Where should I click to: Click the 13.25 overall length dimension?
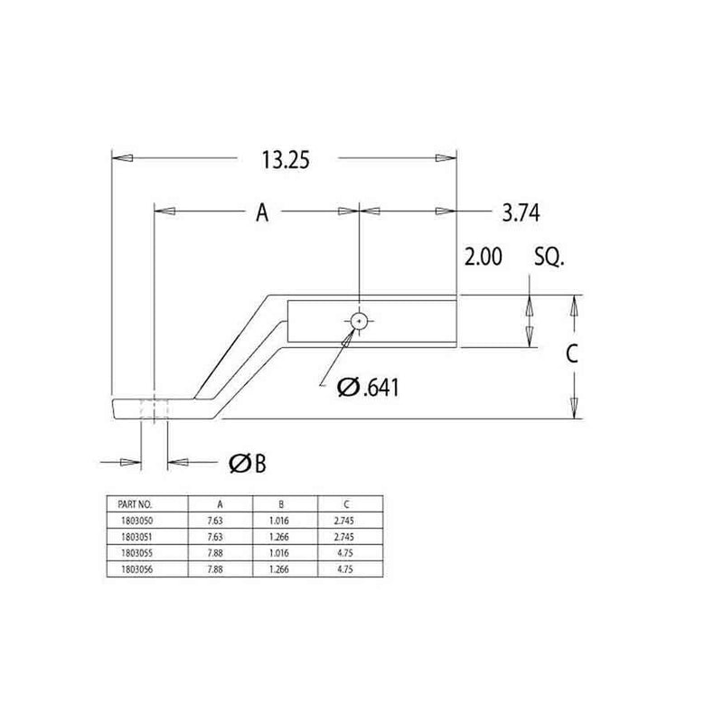coord(286,160)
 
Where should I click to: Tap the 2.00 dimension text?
coord(484,258)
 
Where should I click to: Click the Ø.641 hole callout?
coord(368,387)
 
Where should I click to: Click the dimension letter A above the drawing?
coord(262,212)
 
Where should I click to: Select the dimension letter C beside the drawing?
coord(571,355)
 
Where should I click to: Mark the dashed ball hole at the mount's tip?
coord(155,408)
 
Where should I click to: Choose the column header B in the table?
coord(285,503)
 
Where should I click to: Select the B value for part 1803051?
coord(285,536)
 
